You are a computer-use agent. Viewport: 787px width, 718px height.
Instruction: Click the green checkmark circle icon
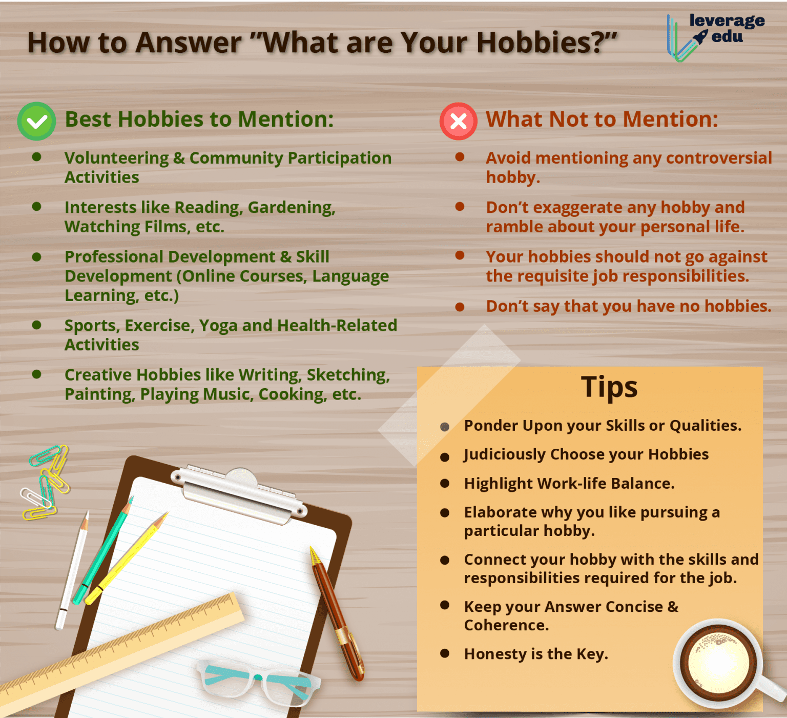[36, 122]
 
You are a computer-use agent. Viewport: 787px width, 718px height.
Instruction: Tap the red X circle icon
[458, 122]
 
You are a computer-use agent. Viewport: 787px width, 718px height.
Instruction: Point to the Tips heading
[609, 387]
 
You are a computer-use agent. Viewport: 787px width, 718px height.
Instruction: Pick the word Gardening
[291, 208]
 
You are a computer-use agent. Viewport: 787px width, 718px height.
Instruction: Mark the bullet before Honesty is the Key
[445, 653]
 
